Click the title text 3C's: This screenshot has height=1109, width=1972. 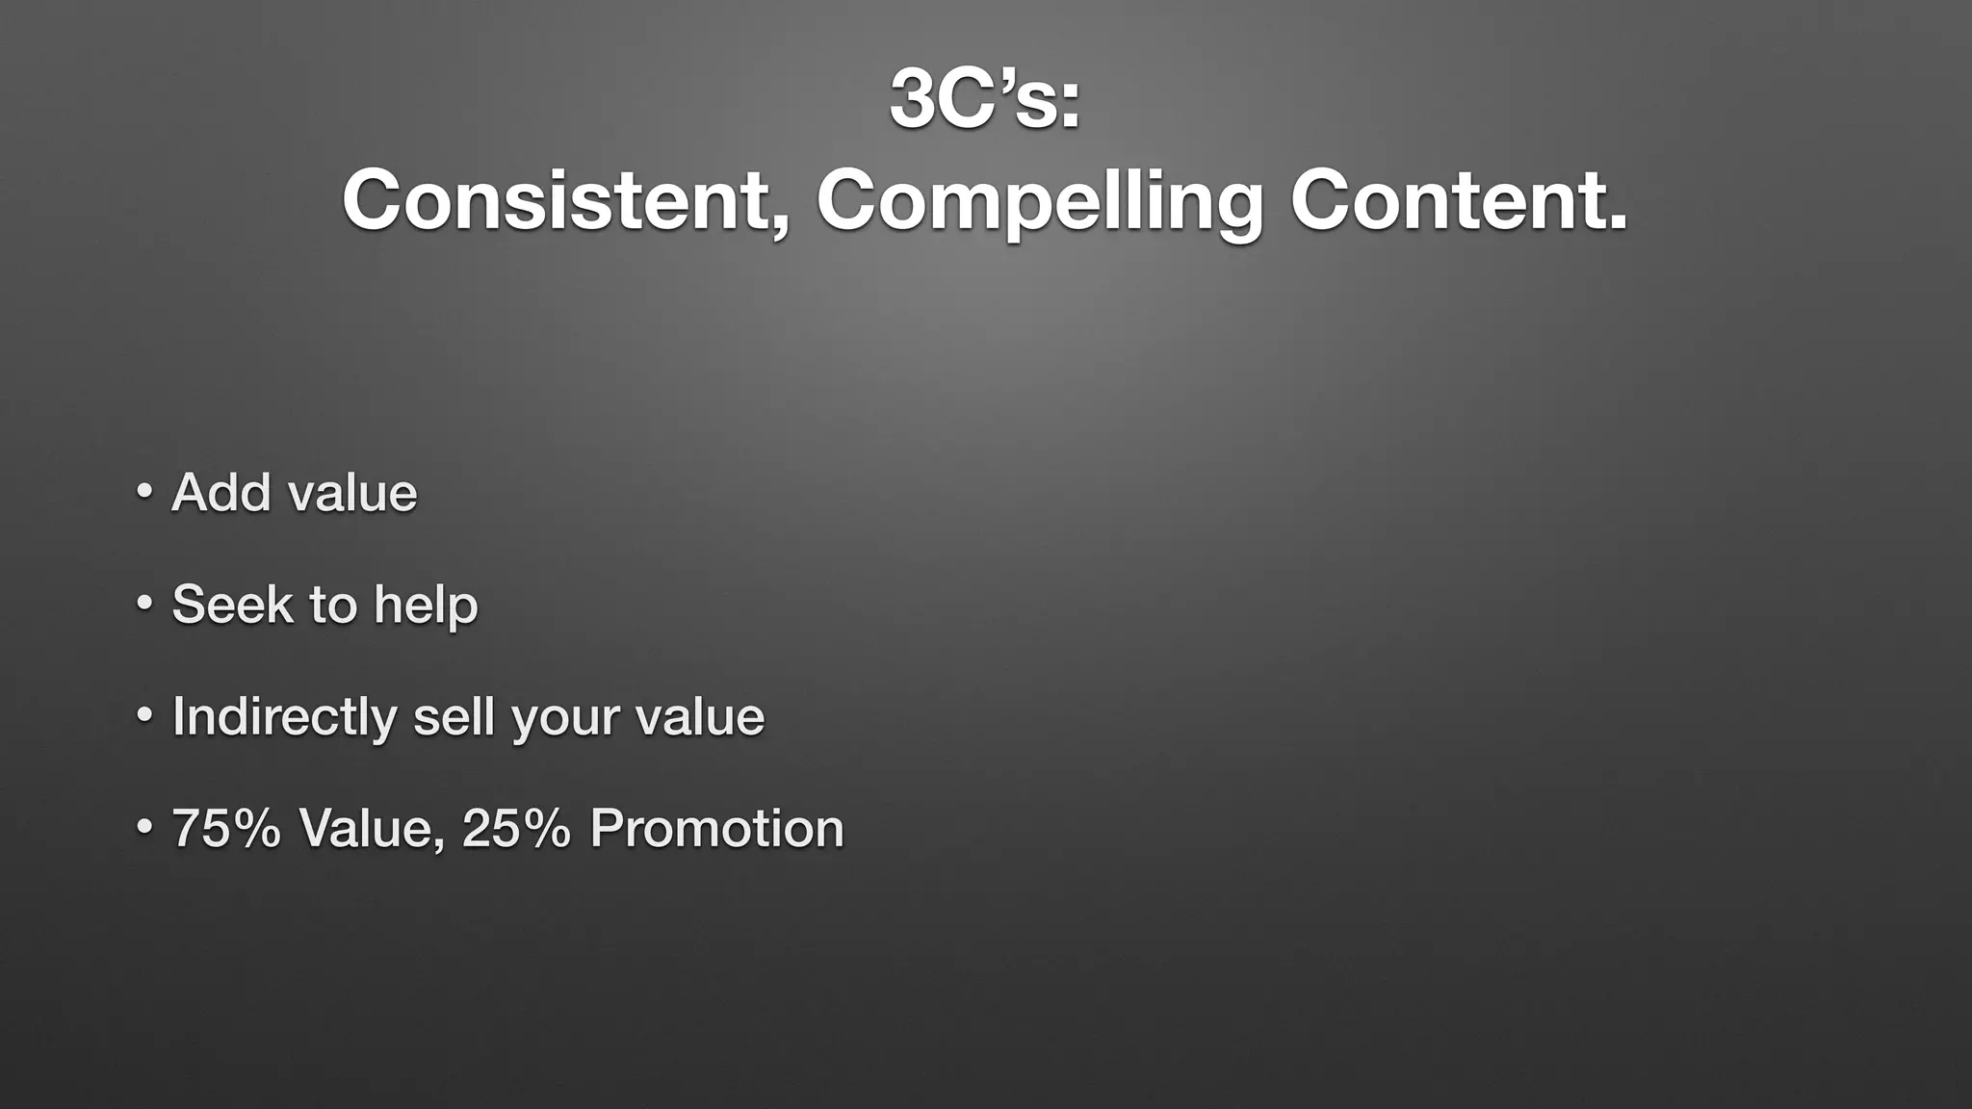pos(985,100)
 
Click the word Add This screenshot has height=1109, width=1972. pos(221,493)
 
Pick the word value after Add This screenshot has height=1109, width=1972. pos(352,493)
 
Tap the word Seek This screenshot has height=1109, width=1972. pos(232,605)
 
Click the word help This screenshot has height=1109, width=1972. pos(426,605)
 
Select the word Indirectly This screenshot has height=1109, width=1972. pos(283,717)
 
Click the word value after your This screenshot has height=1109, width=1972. pos(699,717)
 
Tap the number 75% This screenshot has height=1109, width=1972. pos(226,828)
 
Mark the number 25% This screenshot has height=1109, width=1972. pos(516,828)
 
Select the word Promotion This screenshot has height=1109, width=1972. pos(716,828)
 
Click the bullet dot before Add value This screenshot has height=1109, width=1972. pos(143,492)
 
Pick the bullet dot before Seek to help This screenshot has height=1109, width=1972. pos(143,604)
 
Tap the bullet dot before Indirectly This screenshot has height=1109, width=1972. pos(143,715)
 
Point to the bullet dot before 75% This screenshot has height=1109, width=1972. pos(143,827)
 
